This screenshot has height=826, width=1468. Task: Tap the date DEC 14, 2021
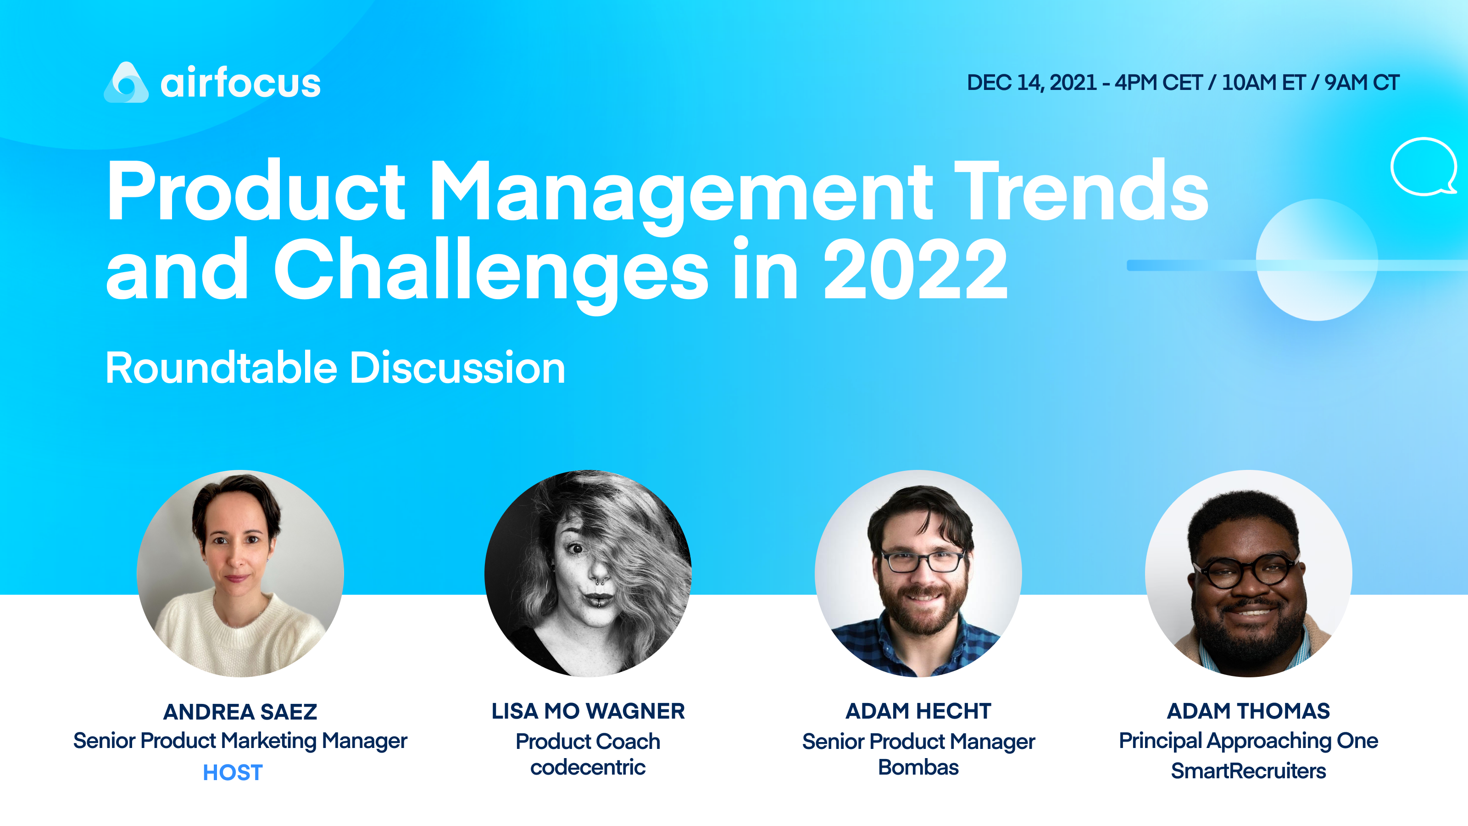(1031, 83)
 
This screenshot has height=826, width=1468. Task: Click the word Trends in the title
(1081, 190)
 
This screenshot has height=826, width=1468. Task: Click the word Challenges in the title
(491, 270)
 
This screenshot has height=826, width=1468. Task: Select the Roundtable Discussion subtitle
(335, 368)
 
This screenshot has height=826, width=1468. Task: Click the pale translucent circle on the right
(1317, 260)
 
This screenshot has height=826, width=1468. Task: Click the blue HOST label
(233, 773)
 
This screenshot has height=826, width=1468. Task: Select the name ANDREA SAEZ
(240, 712)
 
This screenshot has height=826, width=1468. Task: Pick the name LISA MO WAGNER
(588, 711)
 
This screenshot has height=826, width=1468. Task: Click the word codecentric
(588, 768)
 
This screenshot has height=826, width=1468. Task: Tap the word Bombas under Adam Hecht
(918, 768)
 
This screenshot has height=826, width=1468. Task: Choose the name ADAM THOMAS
(1248, 711)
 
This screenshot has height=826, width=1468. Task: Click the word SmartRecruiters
(1248, 771)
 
